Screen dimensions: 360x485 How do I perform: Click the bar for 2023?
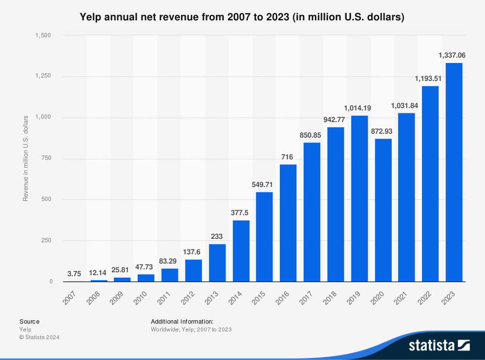454,172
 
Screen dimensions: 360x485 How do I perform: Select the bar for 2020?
383,210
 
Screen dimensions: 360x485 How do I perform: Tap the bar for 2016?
288,223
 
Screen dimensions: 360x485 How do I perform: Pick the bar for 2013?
217,263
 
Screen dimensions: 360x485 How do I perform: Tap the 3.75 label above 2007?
74,274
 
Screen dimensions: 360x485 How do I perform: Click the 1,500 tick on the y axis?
44,35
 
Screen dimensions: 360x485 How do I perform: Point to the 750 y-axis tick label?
48,158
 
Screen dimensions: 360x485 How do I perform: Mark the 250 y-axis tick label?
48,240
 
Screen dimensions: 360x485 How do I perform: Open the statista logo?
439,345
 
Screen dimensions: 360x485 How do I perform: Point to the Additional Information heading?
182,321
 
